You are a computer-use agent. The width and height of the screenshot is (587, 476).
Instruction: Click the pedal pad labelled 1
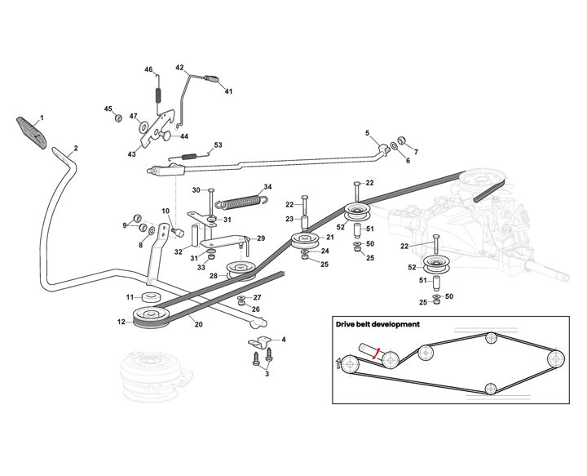click(30, 129)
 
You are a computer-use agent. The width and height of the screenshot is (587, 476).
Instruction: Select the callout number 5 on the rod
click(367, 133)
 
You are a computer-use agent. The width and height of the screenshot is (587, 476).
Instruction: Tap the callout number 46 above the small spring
click(148, 70)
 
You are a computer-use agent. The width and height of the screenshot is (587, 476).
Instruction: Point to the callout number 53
click(218, 145)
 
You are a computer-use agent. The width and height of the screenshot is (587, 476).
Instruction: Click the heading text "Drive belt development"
click(377, 324)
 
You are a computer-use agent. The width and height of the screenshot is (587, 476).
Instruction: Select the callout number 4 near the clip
click(283, 338)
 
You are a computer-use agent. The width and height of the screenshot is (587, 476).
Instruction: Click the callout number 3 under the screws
click(266, 373)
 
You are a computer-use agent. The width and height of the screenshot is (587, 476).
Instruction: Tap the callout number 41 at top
click(229, 91)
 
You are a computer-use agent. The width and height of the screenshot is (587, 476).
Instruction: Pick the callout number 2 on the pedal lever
click(75, 148)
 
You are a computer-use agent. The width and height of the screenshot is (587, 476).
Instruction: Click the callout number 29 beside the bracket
click(261, 238)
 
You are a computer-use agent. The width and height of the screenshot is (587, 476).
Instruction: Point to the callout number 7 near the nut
click(415, 152)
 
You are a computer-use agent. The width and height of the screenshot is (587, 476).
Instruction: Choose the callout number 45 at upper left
click(107, 109)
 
